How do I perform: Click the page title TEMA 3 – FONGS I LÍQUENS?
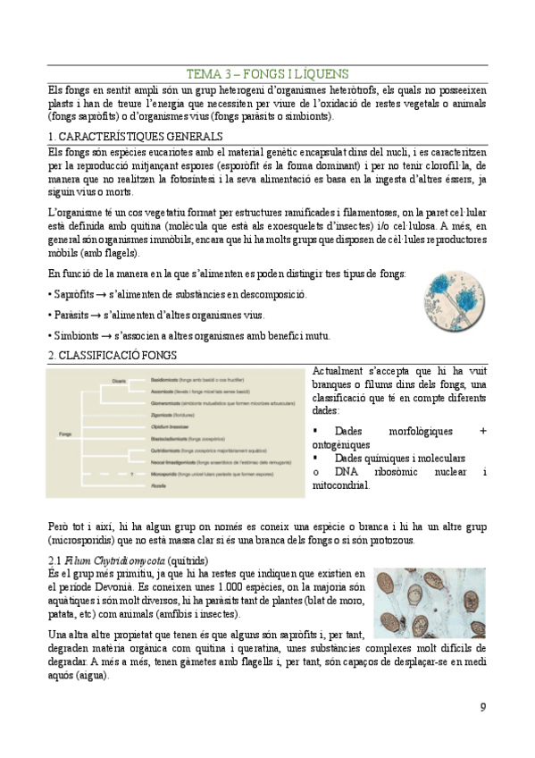point(267,73)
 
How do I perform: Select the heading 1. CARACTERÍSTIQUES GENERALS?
point(134,137)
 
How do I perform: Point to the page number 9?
point(483,708)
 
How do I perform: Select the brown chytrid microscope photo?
point(430,603)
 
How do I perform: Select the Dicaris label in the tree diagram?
point(120,380)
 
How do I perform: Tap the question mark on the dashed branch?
point(130,475)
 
